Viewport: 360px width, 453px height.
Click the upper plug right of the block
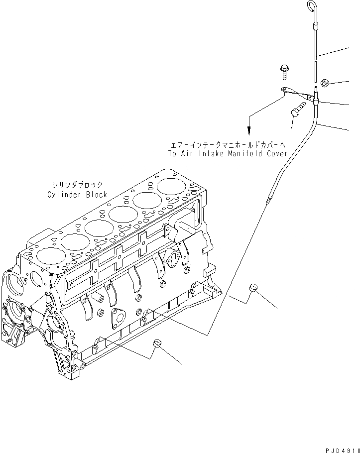[x=253, y=288]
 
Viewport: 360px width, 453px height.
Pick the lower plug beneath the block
[x=157, y=343]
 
